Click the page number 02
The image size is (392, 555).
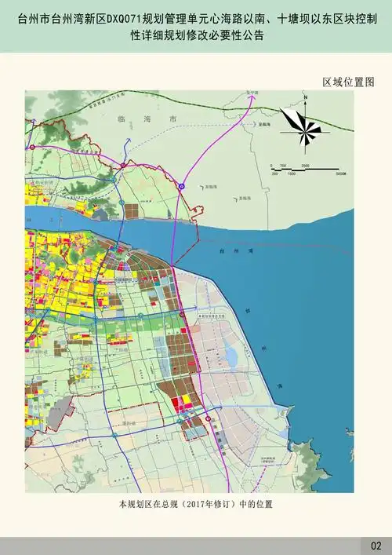point(375,545)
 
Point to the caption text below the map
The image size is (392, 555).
point(196,503)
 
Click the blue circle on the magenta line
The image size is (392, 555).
point(180,186)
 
